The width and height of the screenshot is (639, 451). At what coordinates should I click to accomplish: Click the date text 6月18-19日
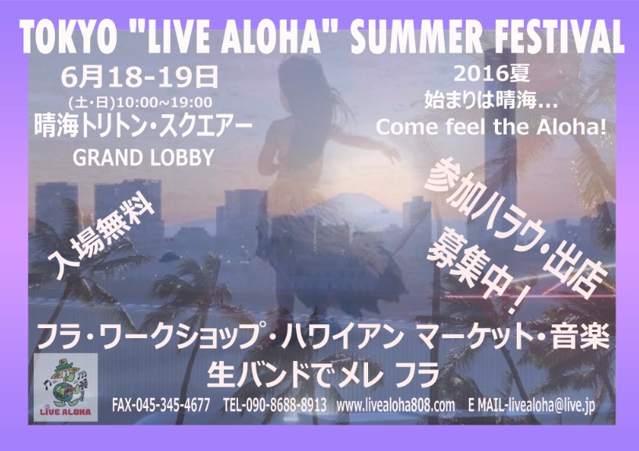tap(139, 78)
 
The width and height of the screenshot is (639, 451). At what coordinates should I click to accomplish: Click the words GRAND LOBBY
tap(143, 157)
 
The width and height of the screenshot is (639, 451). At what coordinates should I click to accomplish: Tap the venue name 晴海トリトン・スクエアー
tap(143, 127)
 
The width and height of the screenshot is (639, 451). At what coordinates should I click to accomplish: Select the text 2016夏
tap(491, 74)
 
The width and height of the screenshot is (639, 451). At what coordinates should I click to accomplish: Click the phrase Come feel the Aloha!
tap(491, 127)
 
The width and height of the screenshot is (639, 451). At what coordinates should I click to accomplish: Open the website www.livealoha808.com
tap(395, 406)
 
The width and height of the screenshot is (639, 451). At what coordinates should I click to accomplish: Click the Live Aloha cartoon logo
tap(66, 388)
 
